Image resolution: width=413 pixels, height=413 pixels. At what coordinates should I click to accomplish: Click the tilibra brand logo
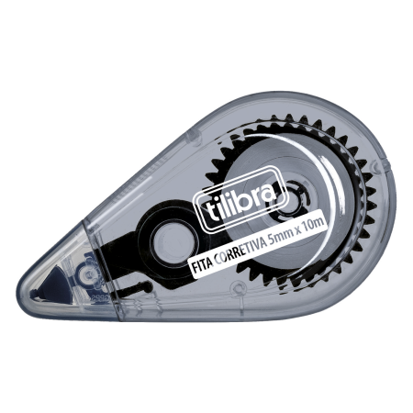[240, 199]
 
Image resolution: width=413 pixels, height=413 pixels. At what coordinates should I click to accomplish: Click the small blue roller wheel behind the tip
[86, 273]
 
